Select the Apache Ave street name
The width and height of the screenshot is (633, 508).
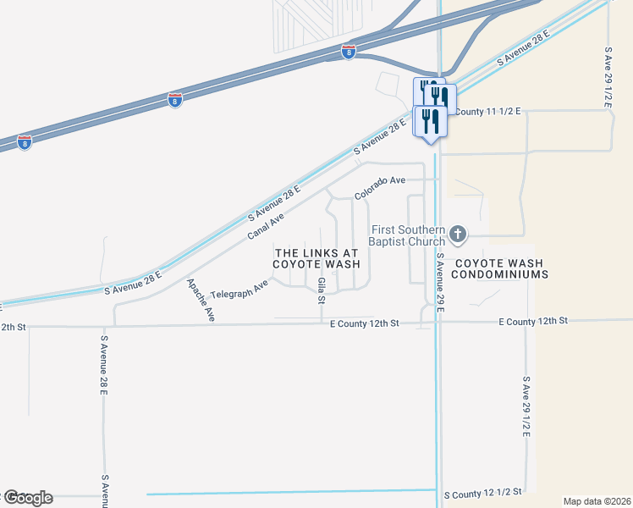pos(201,299)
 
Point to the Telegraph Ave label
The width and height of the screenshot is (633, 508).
pos(239,288)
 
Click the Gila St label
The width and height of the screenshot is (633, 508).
pos(322,290)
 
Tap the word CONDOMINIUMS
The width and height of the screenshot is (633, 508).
pos(500,274)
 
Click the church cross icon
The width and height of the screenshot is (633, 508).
pos(458,233)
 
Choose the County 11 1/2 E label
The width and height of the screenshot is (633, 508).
pos(487,111)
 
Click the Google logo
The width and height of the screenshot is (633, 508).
pos(28,497)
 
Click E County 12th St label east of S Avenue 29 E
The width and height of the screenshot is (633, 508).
pos(532,321)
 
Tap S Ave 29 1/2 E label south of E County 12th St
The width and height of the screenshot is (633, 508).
pos(526,406)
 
